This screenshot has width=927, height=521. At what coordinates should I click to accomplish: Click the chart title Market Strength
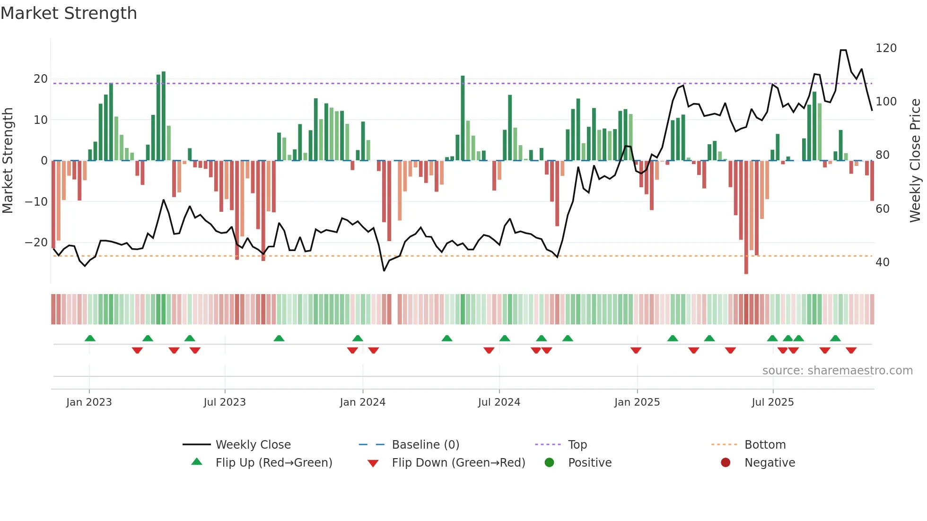tap(69, 13)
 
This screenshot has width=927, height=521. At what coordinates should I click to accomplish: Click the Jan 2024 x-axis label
tap(362, 402)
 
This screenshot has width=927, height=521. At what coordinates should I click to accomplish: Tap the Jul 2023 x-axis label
tap(225, 402)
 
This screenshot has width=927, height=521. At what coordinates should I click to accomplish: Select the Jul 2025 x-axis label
tap(772, 402)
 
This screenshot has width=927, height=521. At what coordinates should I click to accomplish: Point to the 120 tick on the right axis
tap(886, 48)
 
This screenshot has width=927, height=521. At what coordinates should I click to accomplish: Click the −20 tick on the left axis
tap(36, 243)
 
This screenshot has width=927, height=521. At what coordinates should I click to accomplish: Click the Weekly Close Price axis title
tap(915, 161)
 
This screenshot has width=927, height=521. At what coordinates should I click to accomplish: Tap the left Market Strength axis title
tap(8, 161)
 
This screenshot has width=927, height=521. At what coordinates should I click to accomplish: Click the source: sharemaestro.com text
tap(837, 371)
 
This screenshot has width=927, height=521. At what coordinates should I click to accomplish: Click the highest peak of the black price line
tap(843, 50)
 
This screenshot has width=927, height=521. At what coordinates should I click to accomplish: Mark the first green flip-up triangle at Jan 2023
tap(90, 338)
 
